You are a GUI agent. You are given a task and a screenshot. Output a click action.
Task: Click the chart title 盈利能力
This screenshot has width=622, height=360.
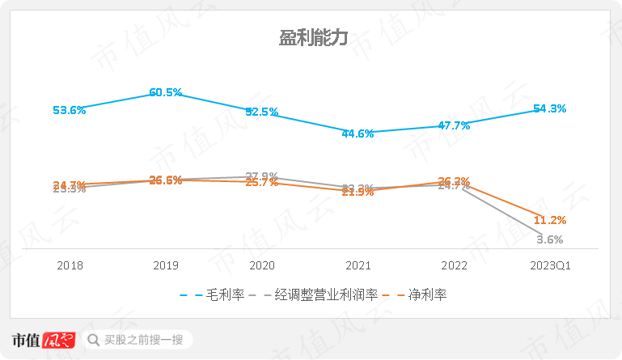tap(311, 38)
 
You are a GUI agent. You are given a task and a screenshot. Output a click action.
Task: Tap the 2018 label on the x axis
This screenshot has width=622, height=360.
tap(70, 265)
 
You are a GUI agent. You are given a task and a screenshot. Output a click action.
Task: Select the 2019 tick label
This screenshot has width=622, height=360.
tap(166, 265)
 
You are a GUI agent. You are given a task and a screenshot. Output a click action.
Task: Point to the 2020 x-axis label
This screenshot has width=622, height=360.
tap(262, 265)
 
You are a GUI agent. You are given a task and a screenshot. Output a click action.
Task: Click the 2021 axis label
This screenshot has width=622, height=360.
tap(358, 265)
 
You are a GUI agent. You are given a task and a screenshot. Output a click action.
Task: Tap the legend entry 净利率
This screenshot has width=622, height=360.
tap(425, 294)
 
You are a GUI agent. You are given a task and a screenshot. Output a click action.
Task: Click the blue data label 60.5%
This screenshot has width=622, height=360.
tap(166, 92)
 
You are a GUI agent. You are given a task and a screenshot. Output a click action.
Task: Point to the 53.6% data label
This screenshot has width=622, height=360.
tap(69, 110)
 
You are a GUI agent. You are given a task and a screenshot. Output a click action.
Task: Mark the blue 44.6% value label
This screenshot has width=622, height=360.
tap(358, 133)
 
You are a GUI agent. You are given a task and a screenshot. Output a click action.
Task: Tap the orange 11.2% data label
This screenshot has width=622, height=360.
tap(549, 220)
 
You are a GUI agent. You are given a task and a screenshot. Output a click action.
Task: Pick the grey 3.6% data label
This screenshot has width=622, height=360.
tap(550, 239)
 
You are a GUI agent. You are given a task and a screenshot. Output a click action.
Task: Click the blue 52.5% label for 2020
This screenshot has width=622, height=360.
tap(261, 112)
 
